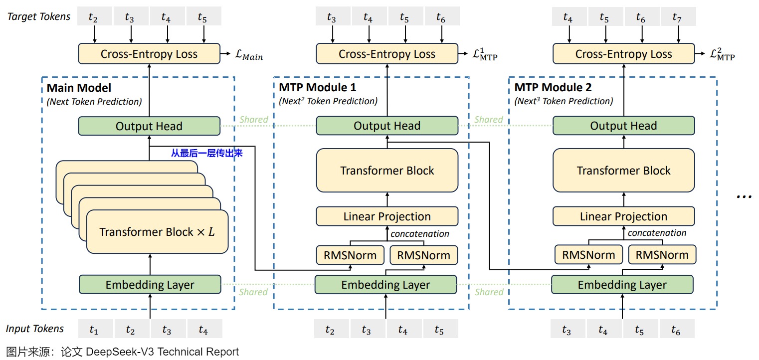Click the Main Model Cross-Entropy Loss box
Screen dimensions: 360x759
click(x=149, y=54)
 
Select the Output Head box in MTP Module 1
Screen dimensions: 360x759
click(x=387, y=126)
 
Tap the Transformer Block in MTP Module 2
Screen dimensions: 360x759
click(x=623, y=171)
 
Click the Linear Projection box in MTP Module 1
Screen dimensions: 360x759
click(x=387, y=216)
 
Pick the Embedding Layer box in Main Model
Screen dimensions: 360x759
click(x=150, y=285)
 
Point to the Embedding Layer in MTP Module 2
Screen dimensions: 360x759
click(x=622, y=285)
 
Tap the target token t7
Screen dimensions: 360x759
click(x=677, y=18)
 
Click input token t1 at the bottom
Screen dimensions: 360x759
click(x=94, y=330)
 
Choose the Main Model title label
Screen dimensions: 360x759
click(x=79, y=88)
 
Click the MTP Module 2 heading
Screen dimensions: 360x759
click(x=553, y=88)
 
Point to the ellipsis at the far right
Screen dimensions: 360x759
click(x=744, y=196)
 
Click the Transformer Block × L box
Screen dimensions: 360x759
click(x=157, y=232)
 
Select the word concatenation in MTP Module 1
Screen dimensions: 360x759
click(x=419, y=233)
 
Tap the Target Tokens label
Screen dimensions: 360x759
click(x=39, y=16)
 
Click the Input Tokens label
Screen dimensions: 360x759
click(x=35, y=329)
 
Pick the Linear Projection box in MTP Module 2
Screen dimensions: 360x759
click(x=623, y=216)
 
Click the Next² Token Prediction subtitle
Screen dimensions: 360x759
click(x=328, y=101)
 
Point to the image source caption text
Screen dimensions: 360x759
click(x=122, y=352)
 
